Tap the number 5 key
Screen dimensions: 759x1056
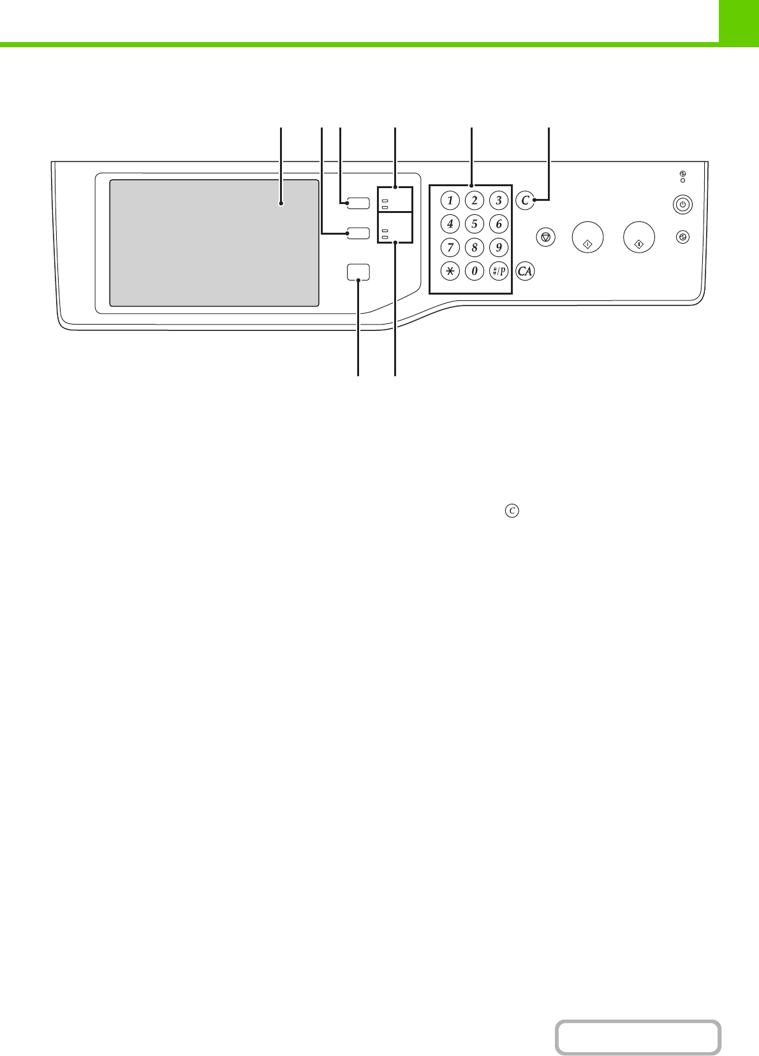pyautogui.click(x=474, y=224)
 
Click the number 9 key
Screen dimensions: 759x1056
pyautogui.click(x=498, y=247)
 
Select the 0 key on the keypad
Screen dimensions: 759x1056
pyautogui.click(x=474, y=271)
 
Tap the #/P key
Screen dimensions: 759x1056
pyautogui.click(x=498, y=271)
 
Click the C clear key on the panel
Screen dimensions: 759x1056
pyautogui.click(x=525, y=200)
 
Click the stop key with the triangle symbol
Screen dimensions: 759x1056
pyautogui.click(x=545, y=237)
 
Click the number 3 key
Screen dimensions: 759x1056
pyautogui.click(x=498, y=200)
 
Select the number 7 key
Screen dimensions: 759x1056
pyautogui.click(x=450, y=247)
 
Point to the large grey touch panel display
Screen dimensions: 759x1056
pyautogui.click(x=214, y=243)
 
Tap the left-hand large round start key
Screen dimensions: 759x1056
pyautogui.click(x=587, y=237)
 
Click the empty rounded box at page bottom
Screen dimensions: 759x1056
pyautogui.click(x=637, y=1037)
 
